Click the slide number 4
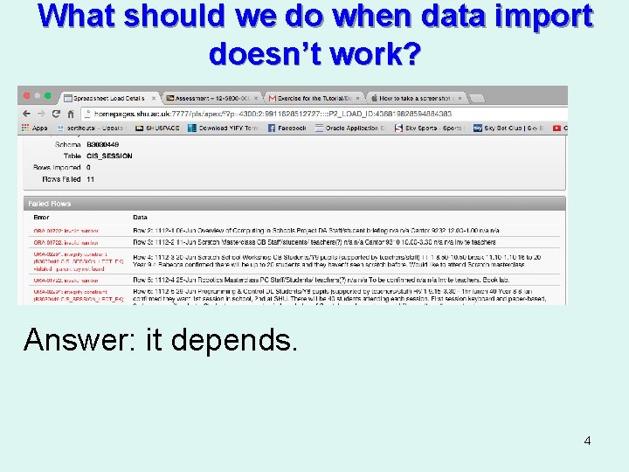[x=587, y=441]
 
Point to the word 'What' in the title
[x=79, y=17]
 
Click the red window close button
[x=26, y=96]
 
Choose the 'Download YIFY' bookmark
[x=228, y=128]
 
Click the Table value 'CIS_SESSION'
[x=109, y=156]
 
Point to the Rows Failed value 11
[x=90, y=179]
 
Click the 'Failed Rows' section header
[x=49, y=204]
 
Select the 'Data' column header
[x=140, y=217]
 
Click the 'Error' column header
[x=41, y=217]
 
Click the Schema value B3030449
[x=103, y=144]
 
